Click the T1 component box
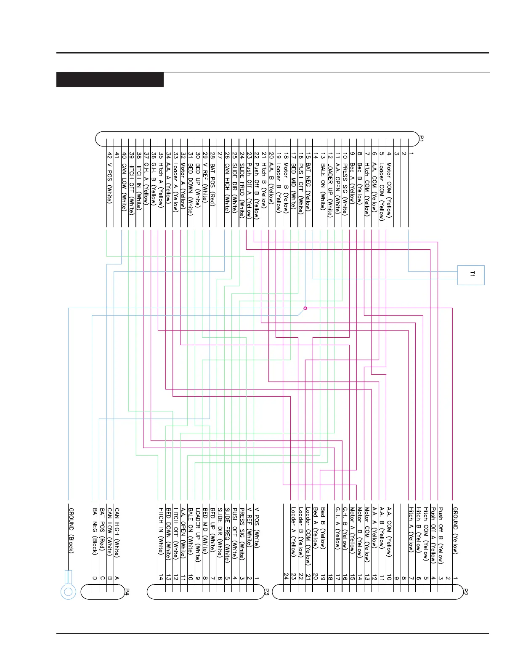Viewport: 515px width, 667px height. tap(471, 275)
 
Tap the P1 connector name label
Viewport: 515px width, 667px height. tap(421, 138)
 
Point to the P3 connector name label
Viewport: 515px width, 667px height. tap(266, 592)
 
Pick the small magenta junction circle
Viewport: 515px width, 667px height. tap(305, 308)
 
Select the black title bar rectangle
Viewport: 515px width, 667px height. tap(110, 80)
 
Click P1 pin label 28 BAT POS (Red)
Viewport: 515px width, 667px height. tap(213, 179)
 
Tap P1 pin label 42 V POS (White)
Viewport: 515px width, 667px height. tap(109, 177)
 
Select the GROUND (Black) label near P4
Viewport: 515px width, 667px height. tap(72, 531)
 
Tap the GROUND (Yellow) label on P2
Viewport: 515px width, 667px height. tap(455, 530)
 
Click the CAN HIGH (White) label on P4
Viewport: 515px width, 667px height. tap(117, 533)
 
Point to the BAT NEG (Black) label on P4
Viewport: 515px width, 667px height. tap(95, 531)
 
